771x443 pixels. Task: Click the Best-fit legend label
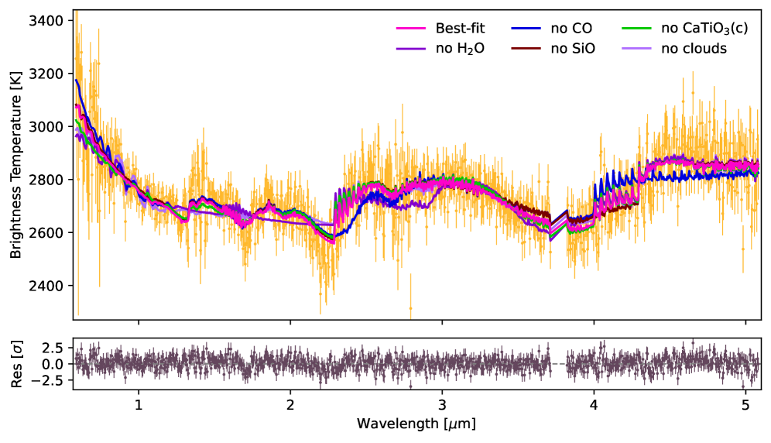tap(460, 29)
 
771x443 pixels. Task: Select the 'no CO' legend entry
tap(568, 29)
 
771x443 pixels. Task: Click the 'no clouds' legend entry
tap(694, 49)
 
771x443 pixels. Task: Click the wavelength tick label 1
tap(139, 405)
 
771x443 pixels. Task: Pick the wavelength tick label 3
tap(442, 405)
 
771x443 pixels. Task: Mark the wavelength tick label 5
tap(745, 405)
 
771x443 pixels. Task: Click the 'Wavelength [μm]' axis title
tap(416, 424)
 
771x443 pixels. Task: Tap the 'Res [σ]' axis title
tap(15, 363)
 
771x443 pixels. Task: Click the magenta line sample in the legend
tap(413, 29)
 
